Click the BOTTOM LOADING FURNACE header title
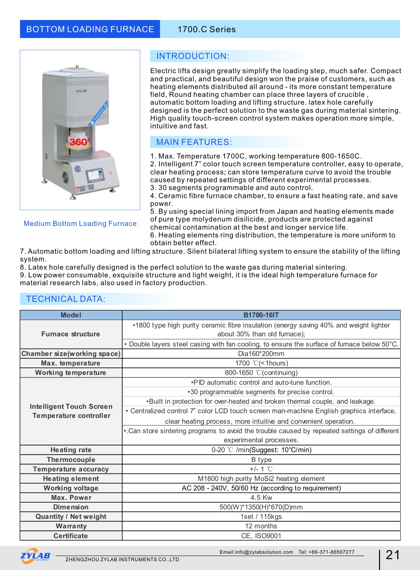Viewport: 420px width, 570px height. tap(90, 29)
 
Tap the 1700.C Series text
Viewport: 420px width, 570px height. tap(207, 29)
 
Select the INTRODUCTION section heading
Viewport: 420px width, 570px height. tap(193, 56)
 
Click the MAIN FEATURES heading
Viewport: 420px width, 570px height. tap(194, 142)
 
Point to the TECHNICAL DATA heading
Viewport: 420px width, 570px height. tap(66, 299)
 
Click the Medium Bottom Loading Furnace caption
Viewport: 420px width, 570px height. tap(80, 224)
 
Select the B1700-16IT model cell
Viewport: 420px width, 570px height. tap(261, 315)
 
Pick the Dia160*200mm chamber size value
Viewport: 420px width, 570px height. tap(261, 354)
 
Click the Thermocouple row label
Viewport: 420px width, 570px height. tap(71, 460)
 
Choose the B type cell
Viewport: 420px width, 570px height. tap(261, 460)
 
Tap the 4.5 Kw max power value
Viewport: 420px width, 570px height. tap(261, 498)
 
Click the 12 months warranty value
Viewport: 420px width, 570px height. tap(261, 526)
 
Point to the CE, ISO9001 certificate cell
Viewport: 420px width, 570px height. tap(261, 536)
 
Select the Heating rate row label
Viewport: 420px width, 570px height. tap(71, 450)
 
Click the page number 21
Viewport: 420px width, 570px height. tap(393, 555)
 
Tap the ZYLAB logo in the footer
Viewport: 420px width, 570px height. tap(35, 556)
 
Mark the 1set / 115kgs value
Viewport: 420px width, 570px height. tap(261, 516)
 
